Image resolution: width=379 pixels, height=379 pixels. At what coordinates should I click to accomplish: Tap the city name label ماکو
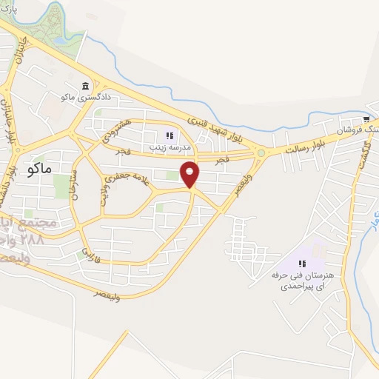click(38, 168)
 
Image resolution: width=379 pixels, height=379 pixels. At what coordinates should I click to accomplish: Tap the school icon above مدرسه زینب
click(169, 135)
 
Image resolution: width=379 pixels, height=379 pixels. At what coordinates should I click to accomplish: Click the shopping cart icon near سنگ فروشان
click(366, 118)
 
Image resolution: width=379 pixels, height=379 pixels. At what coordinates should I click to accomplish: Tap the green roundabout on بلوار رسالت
click(261, 153)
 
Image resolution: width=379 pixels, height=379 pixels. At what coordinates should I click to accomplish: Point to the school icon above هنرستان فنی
click(302, 264)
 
